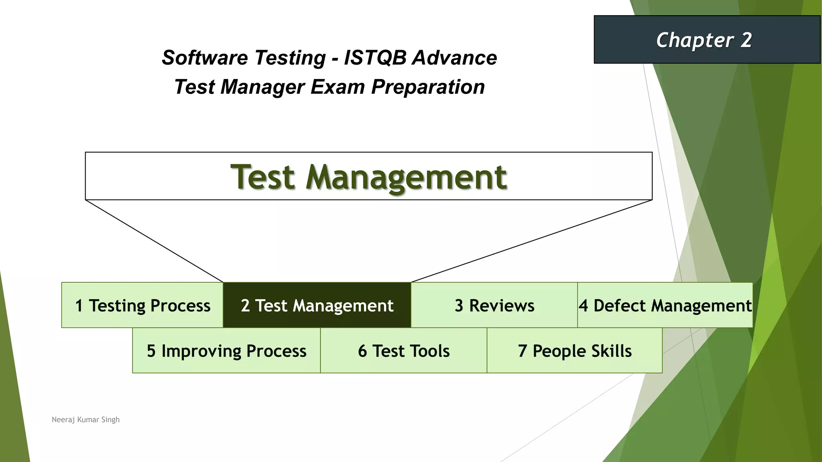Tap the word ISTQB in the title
pyautogui.click(x=375, y=58)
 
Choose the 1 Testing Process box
pyautogui.click(x=142, y=305)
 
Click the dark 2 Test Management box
pyautogui.click(x=317, y=305)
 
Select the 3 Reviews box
pyautogui.click(x=494, y=305)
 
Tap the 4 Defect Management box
pyautogui.click(x=665, y=305)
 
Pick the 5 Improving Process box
pyautogui.click(x=226, y=351)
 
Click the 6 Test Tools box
pyautogui.click(x=403, y=351)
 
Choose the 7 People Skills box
pyautogui.click(x=574, y=351)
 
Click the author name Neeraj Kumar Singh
pyautogui.click(x=85, y=419)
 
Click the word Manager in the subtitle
pyautogui.click(x=262, y=87)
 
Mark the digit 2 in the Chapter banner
pyautogui.click(x=746, y=40)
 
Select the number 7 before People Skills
pyautogui.click(x=522, y=351)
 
